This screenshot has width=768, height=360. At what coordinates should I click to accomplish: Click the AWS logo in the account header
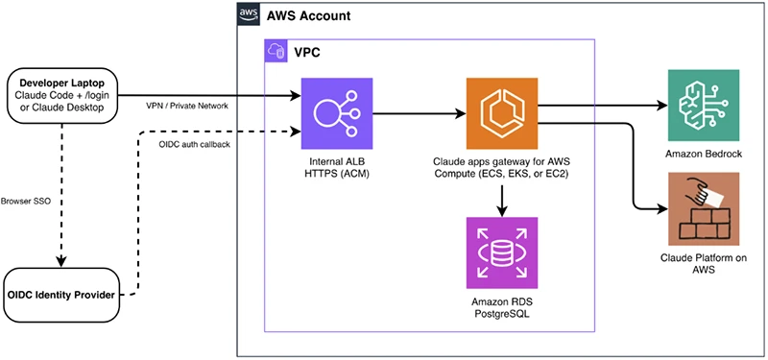click(249, 14)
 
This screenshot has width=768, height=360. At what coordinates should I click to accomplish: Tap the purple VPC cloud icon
click(275, 50)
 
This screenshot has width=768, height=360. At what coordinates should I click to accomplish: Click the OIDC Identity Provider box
click(61, 295)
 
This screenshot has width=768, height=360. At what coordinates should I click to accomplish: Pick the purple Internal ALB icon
click(337, 113)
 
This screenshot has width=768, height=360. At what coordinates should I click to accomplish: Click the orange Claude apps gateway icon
click(502, 113)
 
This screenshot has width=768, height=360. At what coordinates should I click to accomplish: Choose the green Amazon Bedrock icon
click(704, 106)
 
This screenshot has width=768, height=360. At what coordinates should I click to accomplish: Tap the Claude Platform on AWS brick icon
click(704, 208)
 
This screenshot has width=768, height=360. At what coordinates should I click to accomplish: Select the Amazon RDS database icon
click(502, 252)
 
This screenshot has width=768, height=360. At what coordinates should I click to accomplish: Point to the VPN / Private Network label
click(186, 106)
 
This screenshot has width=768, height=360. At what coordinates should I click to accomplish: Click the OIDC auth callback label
click(195, 144)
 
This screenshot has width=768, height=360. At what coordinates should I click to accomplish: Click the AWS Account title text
click(308, 15)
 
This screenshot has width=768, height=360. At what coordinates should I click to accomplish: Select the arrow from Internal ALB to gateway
click(420, 113)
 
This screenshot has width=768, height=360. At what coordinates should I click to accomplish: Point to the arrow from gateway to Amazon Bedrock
click(603, 106)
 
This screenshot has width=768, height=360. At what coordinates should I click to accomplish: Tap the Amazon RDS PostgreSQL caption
click(502, 307)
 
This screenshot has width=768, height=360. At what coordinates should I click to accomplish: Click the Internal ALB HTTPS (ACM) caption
click(337, 167)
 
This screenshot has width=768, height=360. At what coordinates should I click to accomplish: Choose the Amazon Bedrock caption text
click(704, 154)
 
